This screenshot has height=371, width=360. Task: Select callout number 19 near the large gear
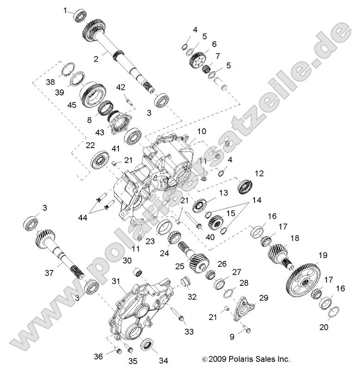(323, 255)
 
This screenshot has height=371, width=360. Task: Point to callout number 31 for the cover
(116, 281)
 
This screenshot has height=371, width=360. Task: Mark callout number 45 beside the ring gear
(71, 105)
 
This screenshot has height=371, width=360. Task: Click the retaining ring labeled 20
(335, 315)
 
